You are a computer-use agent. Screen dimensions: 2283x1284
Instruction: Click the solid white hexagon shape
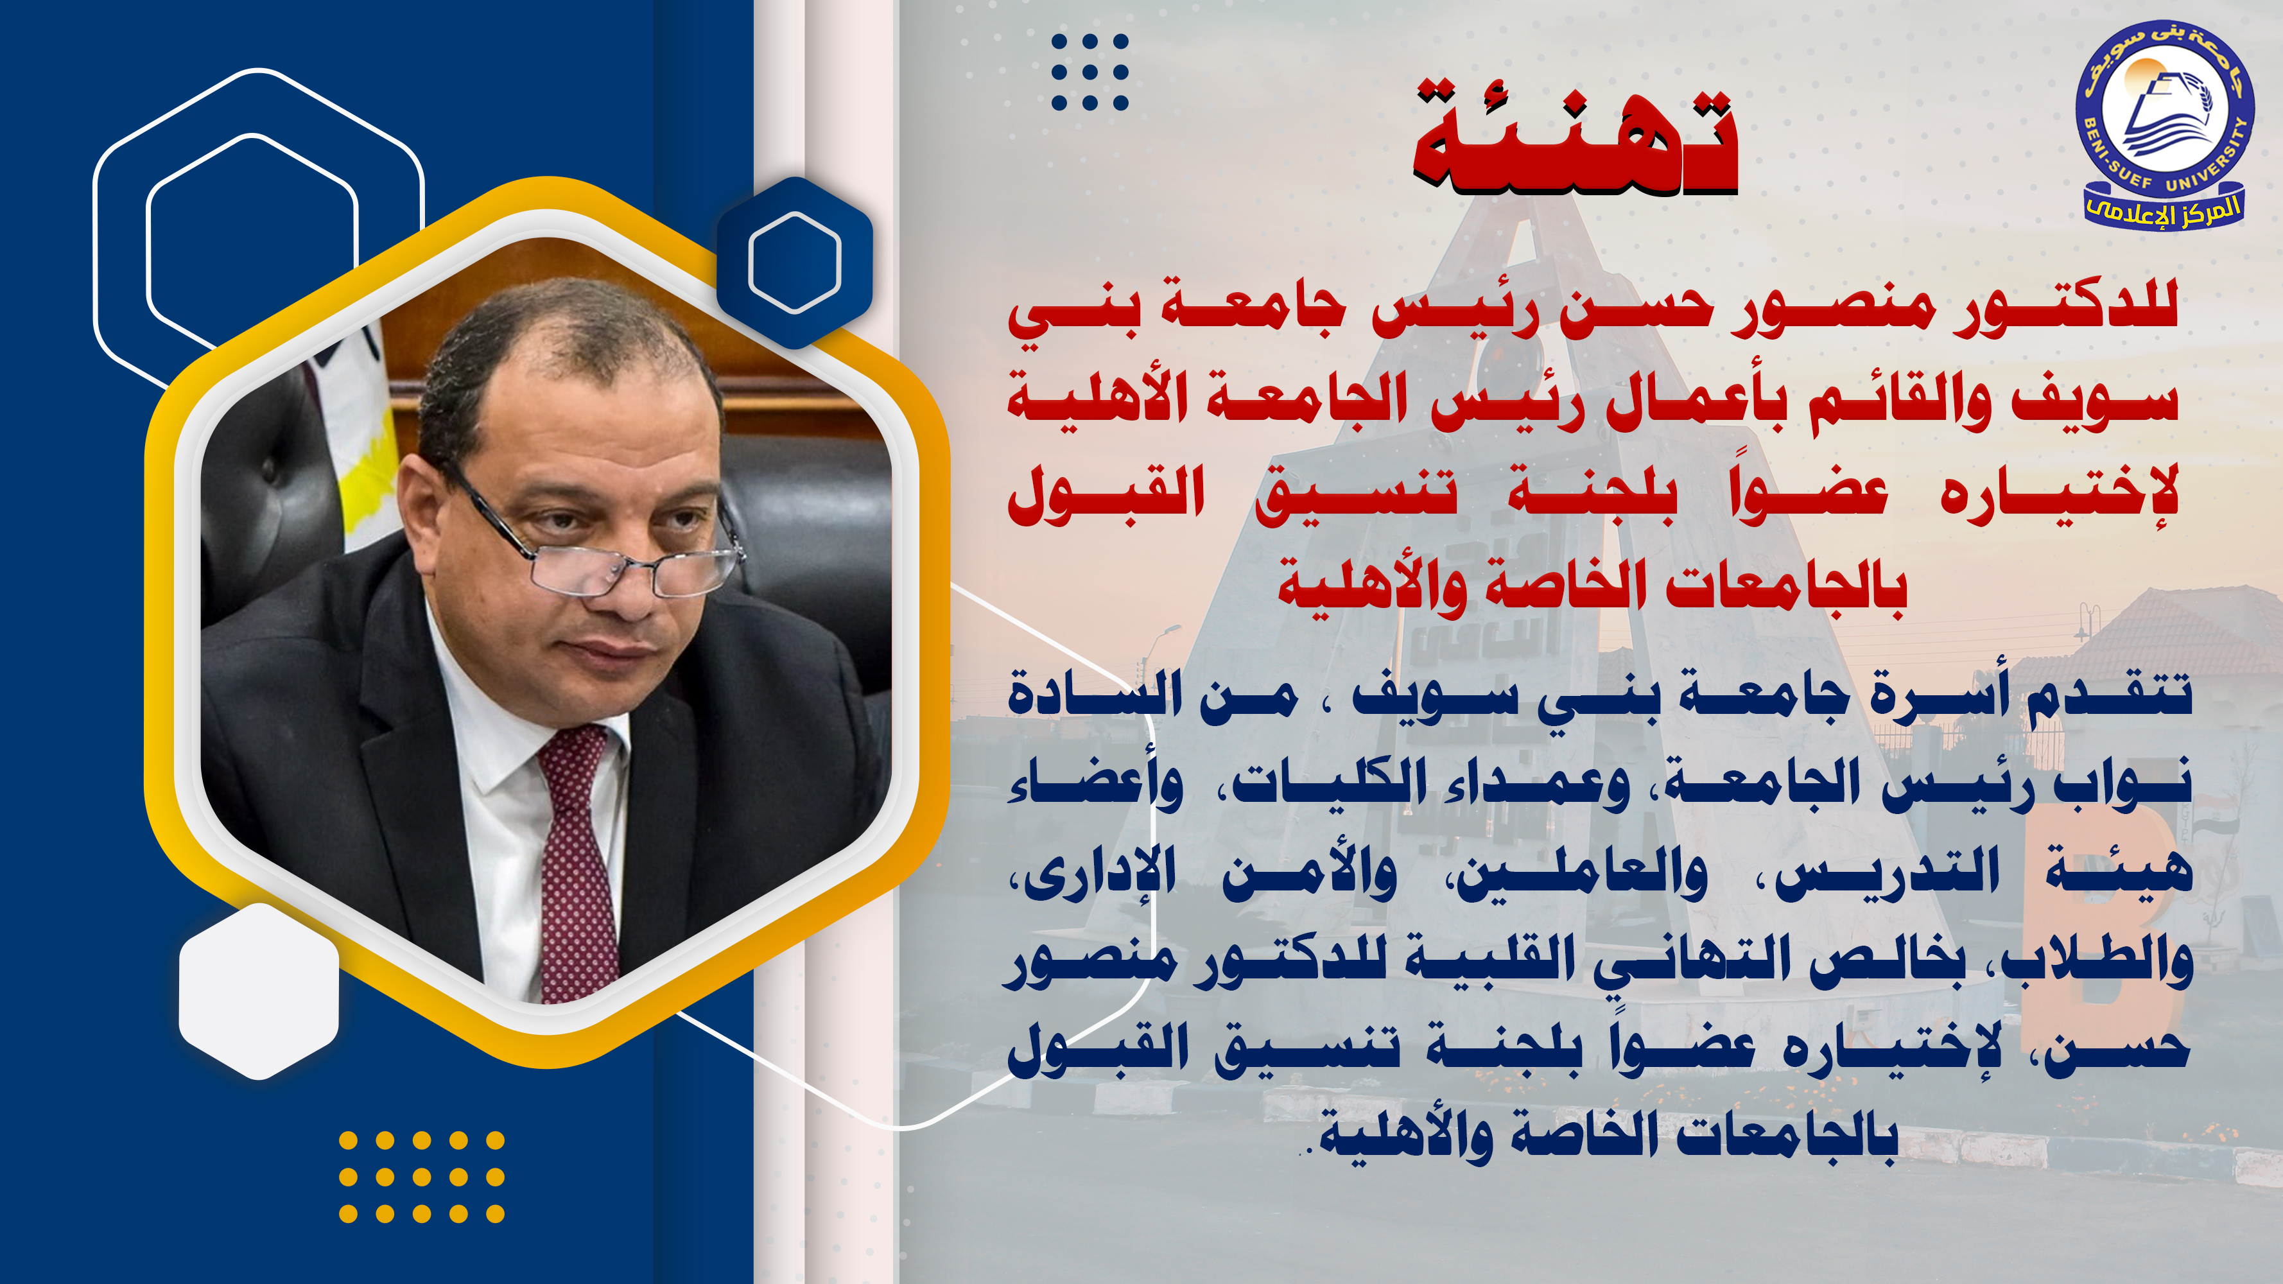(259, 991)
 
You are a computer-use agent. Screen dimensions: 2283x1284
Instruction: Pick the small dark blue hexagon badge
(794, 263)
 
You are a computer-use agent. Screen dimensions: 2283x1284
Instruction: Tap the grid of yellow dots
(422, 1177)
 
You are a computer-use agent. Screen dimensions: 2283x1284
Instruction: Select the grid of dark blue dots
(1089, 72)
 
